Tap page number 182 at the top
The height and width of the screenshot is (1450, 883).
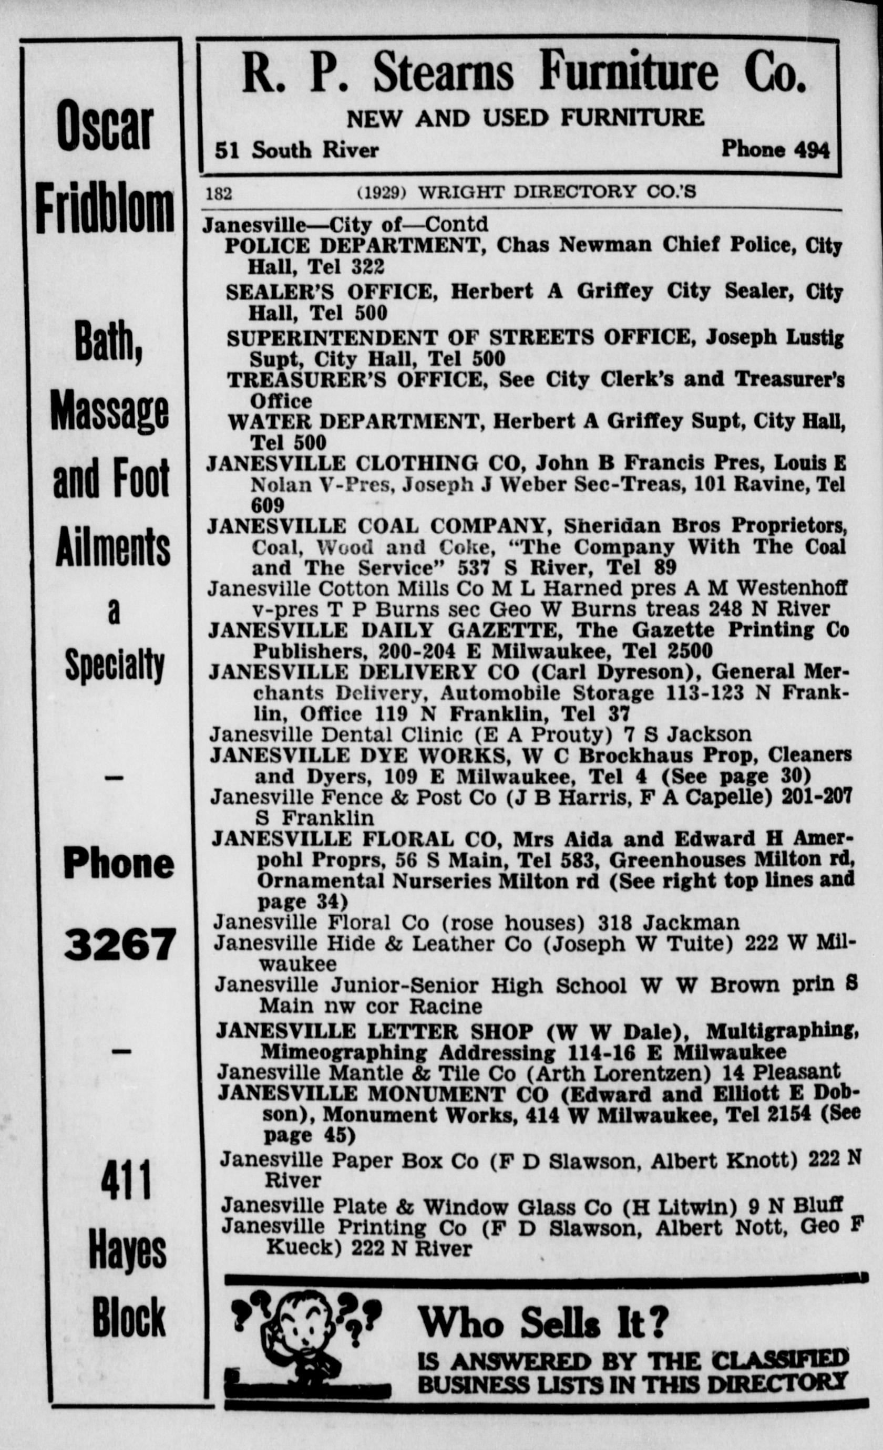219,193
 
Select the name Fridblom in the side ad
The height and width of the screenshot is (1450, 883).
105,210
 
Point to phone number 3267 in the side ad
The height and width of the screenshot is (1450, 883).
119,945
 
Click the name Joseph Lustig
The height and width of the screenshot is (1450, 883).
775,338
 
